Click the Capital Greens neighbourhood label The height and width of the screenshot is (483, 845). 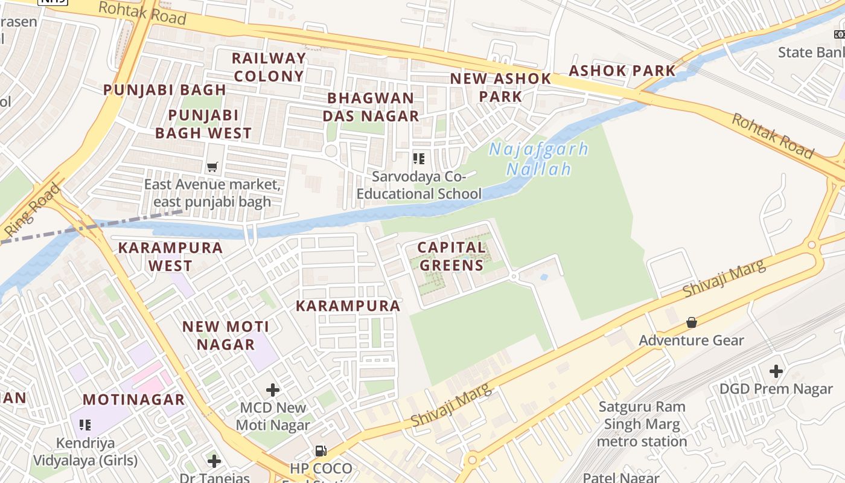tap(451, 256)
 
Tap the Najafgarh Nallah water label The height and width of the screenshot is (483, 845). tap(538, 159)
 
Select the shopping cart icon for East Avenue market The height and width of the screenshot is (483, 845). tap(212, 167)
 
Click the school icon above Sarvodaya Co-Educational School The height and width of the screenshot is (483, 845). tap(418, 159)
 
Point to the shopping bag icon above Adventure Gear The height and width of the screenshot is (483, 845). tap(692, 322)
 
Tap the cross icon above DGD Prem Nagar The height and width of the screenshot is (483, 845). tap(776, 371)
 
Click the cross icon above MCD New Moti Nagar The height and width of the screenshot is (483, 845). tap(273, 390)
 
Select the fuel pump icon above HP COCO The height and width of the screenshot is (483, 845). tap(321, 450)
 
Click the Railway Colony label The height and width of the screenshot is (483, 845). tap(269, 67)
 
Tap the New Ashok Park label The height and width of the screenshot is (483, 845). tap(500, 87)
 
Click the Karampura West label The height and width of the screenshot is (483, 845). tap(170, 256)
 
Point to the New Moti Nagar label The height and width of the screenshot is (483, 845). tap(226, 336)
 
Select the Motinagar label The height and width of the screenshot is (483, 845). tap(133, 399)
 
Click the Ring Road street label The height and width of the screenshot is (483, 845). tap(33, 210)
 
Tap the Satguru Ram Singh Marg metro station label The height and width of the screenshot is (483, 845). tap(642, 424)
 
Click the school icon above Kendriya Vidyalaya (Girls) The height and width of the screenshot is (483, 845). tap(84, 425)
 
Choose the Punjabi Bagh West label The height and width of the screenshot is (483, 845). tap(203, 124)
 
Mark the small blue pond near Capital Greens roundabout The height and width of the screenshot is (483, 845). tap(544, 277)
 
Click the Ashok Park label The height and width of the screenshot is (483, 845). tap(622, 71)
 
